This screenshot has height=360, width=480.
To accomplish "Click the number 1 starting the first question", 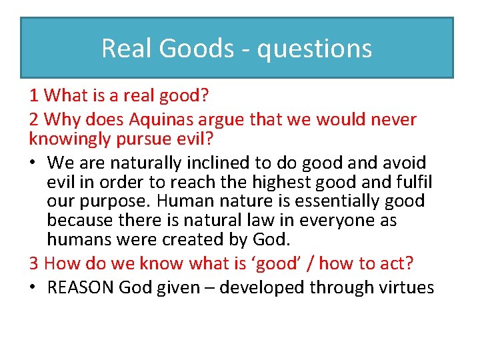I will pos(33,96).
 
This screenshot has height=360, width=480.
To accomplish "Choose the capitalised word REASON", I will pos(77,287).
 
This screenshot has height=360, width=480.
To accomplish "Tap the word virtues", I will pos(407,287).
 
